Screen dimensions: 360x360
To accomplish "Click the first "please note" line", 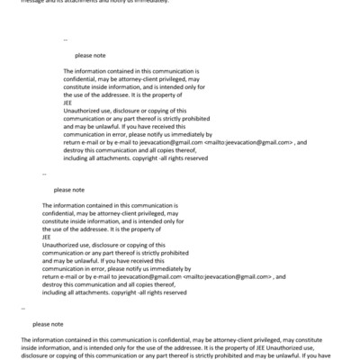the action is [90, 56].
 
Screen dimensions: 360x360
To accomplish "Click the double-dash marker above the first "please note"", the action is [66, 40].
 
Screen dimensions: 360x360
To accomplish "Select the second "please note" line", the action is [69, 191].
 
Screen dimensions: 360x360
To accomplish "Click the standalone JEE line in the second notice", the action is [47, 235].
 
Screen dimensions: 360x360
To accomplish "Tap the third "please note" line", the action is [48, 324].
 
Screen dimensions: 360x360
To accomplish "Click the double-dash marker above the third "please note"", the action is [22, 308].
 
